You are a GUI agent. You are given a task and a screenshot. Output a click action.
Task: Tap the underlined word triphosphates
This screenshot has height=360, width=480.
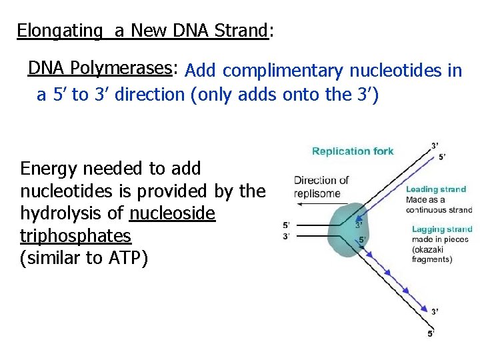(x=76, y=237)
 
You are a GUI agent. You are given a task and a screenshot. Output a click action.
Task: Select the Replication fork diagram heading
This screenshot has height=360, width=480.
(x=353, y=151)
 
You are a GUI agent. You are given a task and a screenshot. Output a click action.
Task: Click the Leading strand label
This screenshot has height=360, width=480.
(x=436, y=189)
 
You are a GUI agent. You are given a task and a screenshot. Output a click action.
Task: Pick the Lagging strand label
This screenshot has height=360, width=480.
(x=441, y=229)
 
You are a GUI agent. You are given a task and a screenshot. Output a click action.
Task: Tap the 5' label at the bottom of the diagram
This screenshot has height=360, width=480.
(x=431, y=333)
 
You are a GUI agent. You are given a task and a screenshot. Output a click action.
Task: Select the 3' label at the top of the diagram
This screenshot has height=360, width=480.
(x=435, y=145)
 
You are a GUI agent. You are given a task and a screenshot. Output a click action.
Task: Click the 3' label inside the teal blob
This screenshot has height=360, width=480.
(x=359, y=225)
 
